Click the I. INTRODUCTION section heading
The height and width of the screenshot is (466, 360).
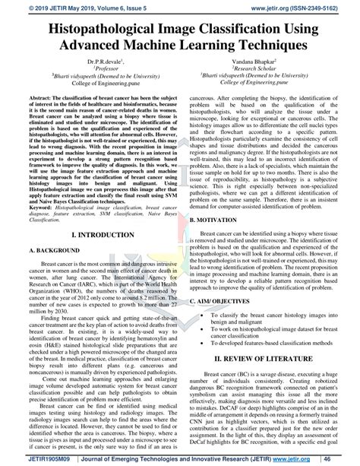[x=92, y=216]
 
